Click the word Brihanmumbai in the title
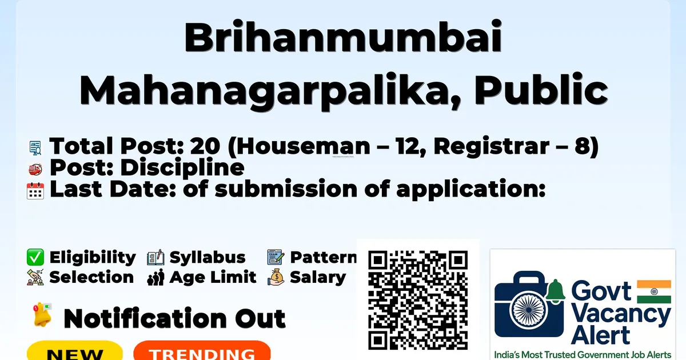[342, 37]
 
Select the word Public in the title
[541, 89]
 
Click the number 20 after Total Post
[205, 146]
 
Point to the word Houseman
[304, 146]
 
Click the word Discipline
[182, 168]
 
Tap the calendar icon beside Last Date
[35, 190]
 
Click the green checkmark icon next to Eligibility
[35, 257]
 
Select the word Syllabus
[208, 258]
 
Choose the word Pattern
[324, 257]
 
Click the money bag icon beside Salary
[276, 277]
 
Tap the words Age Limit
[213, 277]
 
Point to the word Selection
[91, 277]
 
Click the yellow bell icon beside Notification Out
[42, 314]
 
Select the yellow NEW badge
[75, 351]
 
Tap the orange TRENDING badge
[202, 351]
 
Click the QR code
[418, 300]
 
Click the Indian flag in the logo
[654, 291]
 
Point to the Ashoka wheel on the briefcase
[528, 310]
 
